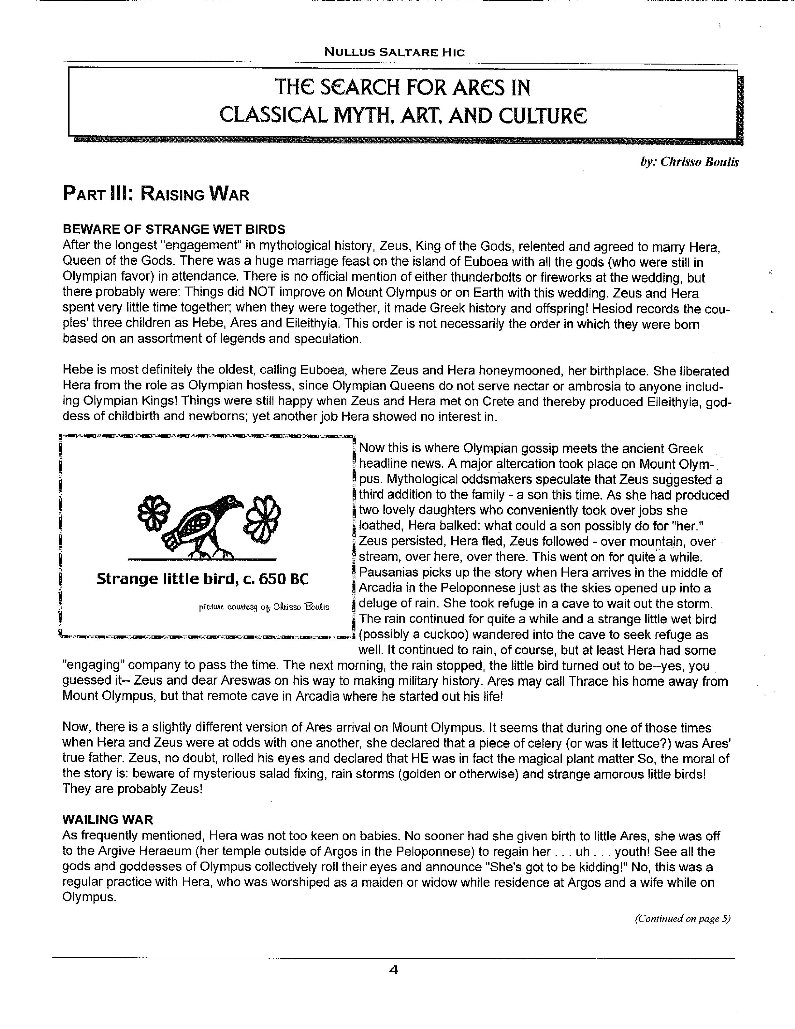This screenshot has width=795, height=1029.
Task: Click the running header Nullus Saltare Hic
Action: click(394, 52)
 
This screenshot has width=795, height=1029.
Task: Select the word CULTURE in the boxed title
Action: click(542, 115)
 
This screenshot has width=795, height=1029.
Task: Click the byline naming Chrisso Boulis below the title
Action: click(690, 162)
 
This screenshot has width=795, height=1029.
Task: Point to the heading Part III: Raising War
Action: click(156, 194)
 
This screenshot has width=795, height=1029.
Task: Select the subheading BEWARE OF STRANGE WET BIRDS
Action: click(174, 229)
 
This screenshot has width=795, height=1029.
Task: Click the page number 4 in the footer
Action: click(394, 970)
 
